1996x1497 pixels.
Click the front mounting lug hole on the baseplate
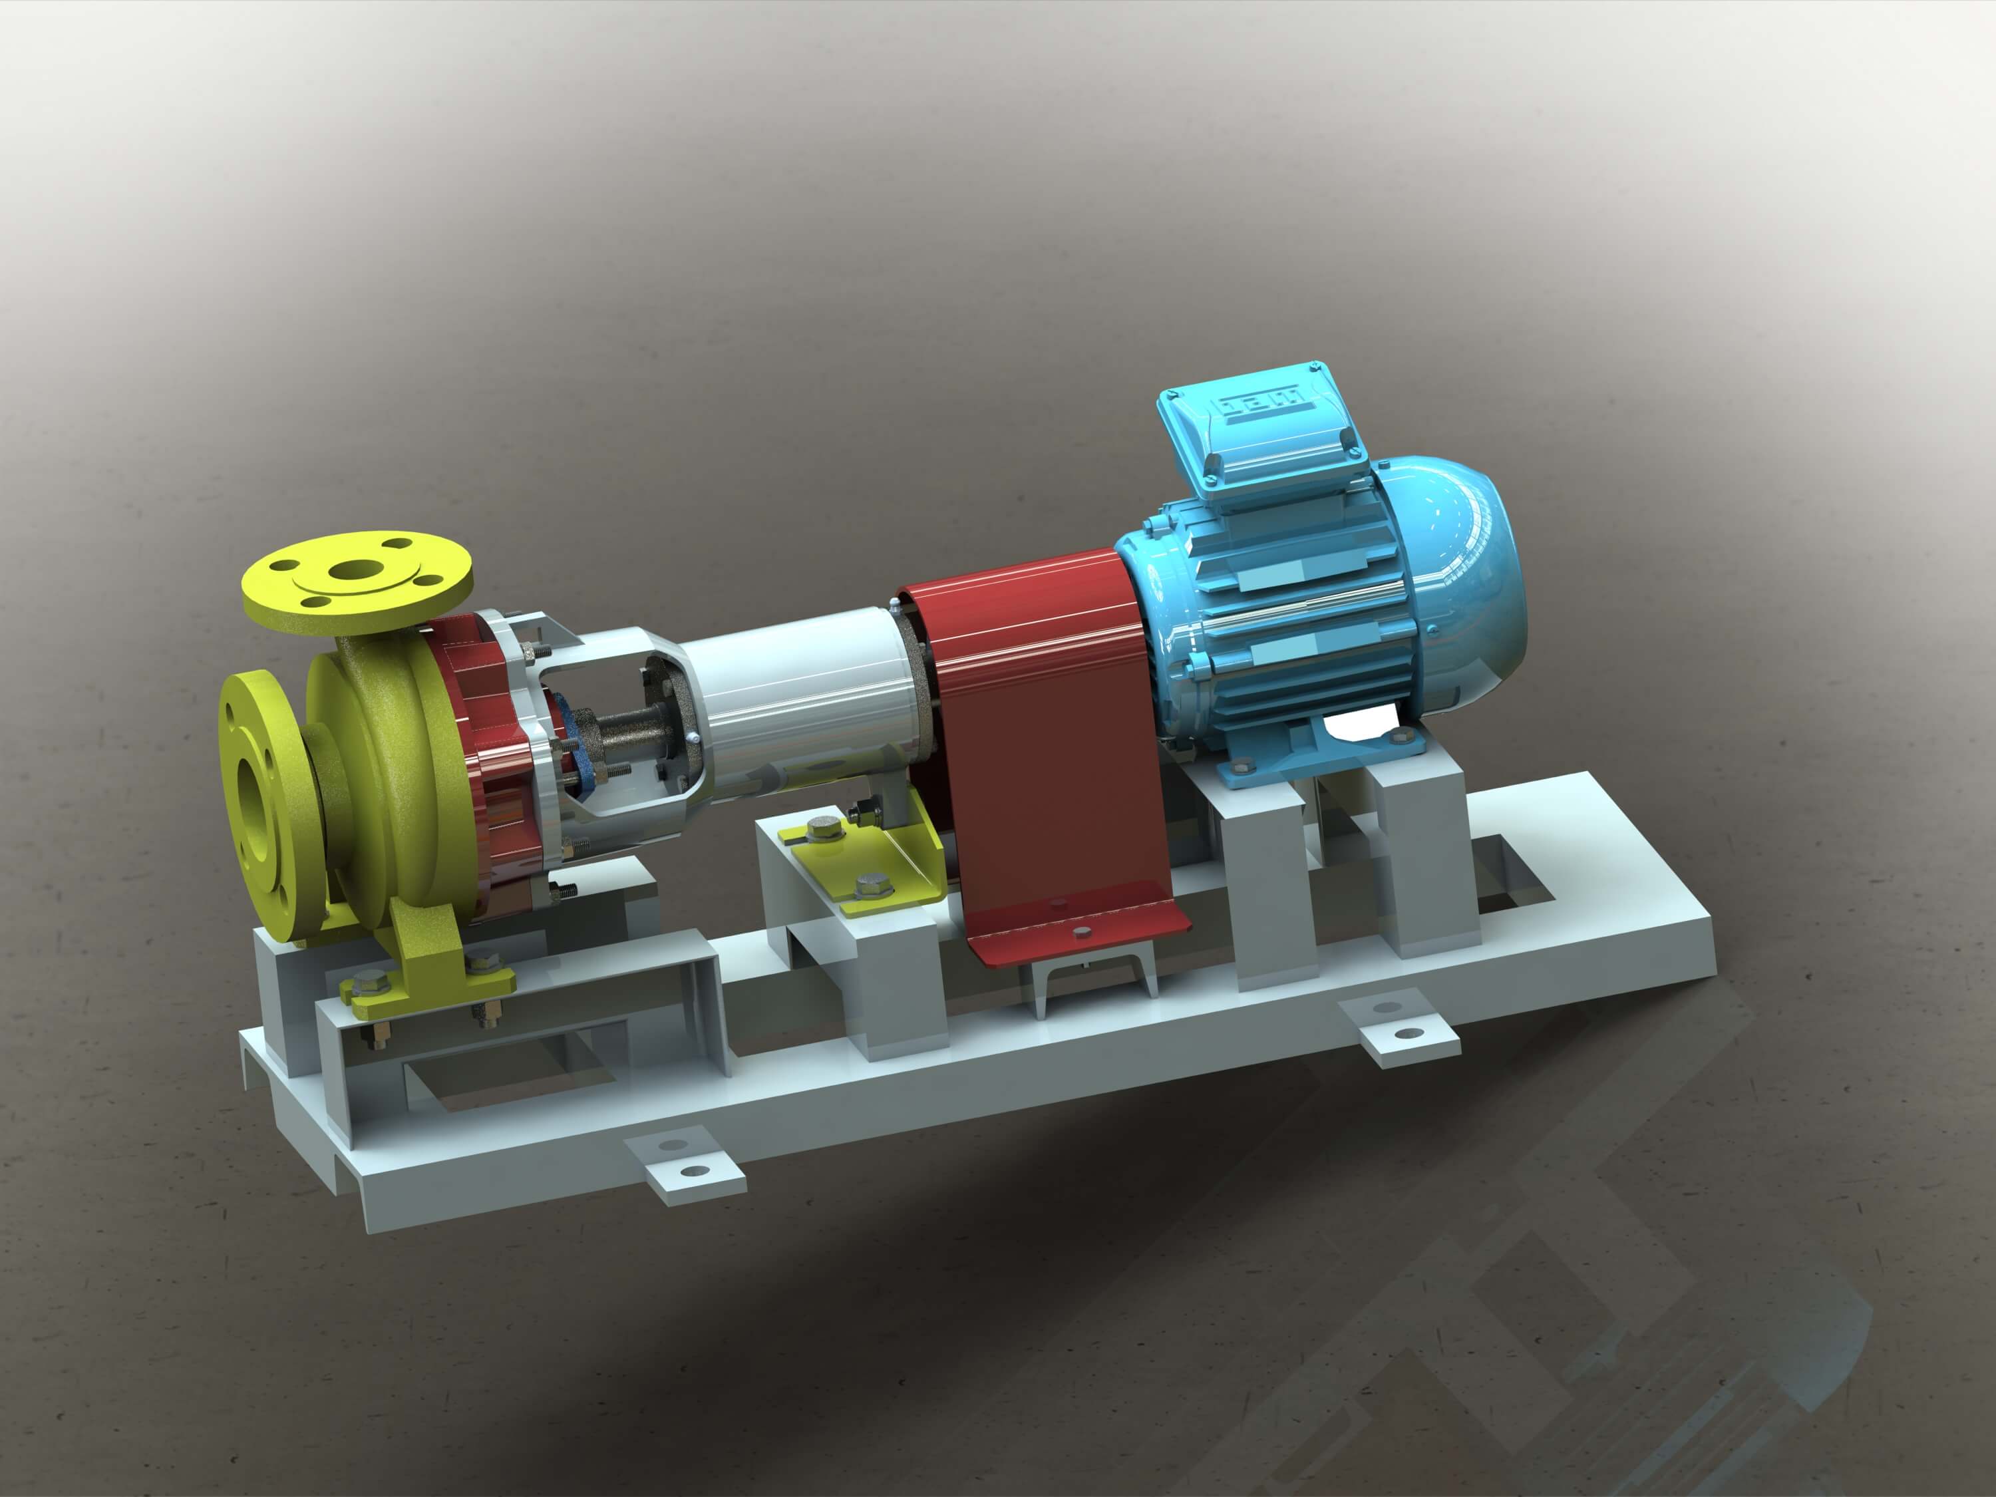pyautogui.click(x=693, y=1171)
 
